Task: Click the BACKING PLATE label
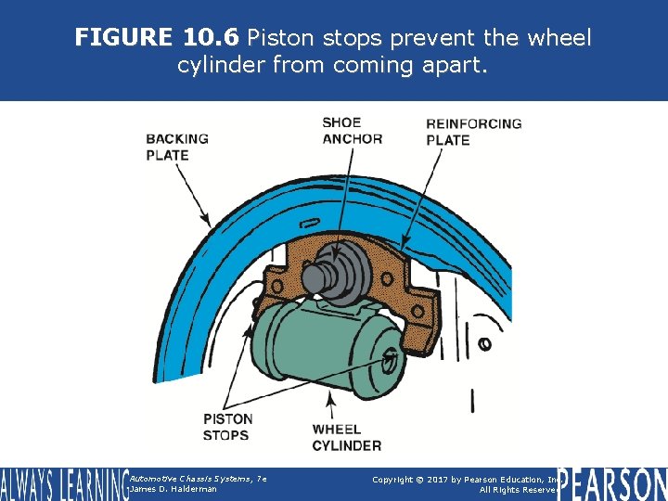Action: [x=176, y=147]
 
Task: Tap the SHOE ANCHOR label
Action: [x=352, y=131]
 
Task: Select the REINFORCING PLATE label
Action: [x=473, y=132]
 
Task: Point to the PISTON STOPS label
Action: [x=226, y=427]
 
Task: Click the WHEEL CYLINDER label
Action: [x=346, y=438]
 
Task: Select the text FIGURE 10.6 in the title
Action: [x=156, y=38]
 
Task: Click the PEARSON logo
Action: [x=611, y=484]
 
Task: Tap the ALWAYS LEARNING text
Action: [x=63, y=484]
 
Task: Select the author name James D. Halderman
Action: [x=173, y=489]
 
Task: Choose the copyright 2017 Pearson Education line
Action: [x=464, y=479]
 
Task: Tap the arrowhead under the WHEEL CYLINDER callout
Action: [x=331, y=398]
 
